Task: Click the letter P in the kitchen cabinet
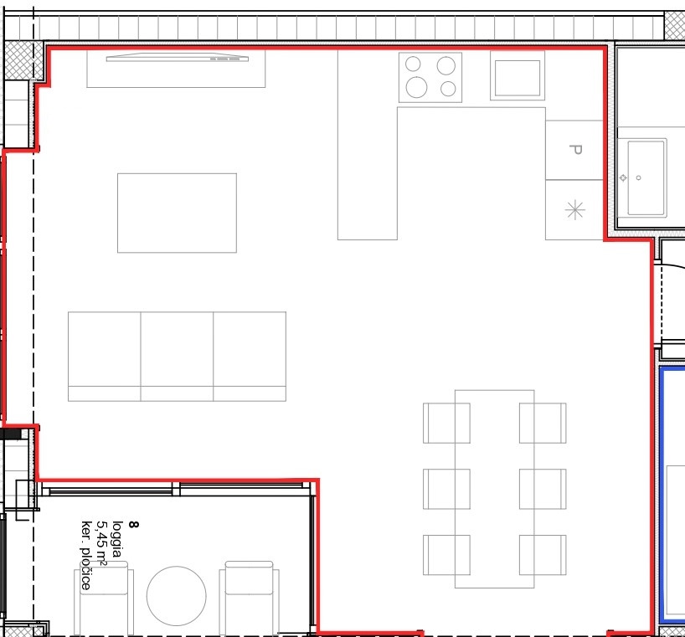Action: [x=576, y=150]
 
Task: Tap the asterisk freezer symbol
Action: [x=575, y=210]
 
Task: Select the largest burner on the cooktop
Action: [x=416, y=87]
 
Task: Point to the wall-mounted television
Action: [x=178, y=57]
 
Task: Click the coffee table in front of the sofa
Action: [x=177, y=213]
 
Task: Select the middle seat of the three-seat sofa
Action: [x=177, y=357]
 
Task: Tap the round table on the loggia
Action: [x=176, y=596]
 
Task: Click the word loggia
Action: [x=117, y=539]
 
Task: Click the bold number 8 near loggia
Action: [x=134, y=524]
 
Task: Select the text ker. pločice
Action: [x=86, y=555]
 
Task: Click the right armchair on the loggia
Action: [x=249, y=598]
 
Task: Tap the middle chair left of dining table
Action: [x=446, y=489]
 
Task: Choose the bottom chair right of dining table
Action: [x=543, y=555]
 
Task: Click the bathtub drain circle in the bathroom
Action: [x=639, y=177]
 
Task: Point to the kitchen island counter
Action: [x=368, y=145]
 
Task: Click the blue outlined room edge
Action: [x=662, y=493]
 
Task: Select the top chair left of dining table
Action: [x=446, y=423]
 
